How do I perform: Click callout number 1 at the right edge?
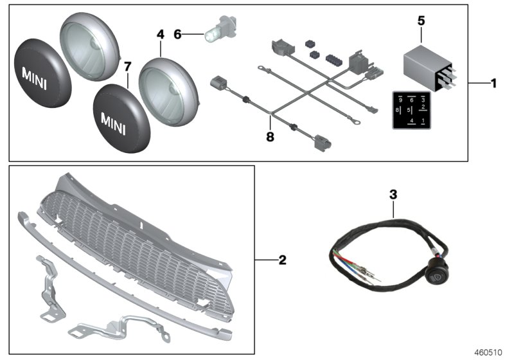493,84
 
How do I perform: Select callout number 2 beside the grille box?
282,260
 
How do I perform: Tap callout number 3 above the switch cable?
393,193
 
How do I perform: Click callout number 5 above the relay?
421,21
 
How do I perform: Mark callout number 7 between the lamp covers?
127,66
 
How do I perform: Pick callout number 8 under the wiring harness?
269,136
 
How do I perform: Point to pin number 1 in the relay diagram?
423,121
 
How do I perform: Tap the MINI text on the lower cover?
116,120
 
